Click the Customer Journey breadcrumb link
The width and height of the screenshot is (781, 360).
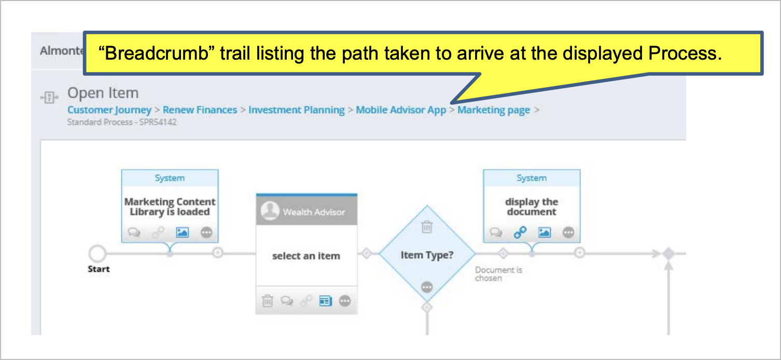coord(109,110)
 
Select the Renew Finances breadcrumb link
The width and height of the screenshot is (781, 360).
coord(200,110)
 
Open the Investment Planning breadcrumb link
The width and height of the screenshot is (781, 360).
coord(296,110)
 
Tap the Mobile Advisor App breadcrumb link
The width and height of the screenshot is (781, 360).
coord(401,110)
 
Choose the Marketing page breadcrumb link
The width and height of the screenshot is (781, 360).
coord(494,110)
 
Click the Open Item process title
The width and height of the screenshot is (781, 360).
coord(103,93)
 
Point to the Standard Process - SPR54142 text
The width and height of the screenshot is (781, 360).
coord(122,122)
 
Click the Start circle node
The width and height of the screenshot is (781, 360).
coord(97,253)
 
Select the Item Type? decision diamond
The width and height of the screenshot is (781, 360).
coord(427,254)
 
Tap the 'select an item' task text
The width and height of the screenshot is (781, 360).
coord(306,256)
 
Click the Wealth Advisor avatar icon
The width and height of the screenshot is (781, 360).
coord(270,211)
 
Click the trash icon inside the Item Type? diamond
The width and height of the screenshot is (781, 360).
coord(427,227)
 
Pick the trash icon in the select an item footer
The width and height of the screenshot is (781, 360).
coord(268,300)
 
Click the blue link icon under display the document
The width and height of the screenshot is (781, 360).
coord(520,232)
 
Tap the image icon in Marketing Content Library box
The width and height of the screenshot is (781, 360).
coord(182,232)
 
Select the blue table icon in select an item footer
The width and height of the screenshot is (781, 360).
coord(325,301)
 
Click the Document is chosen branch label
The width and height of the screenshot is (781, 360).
coord(498,274)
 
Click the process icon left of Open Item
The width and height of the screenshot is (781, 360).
coord(49,97)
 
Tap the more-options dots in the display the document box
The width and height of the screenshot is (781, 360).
coord(568,232)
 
